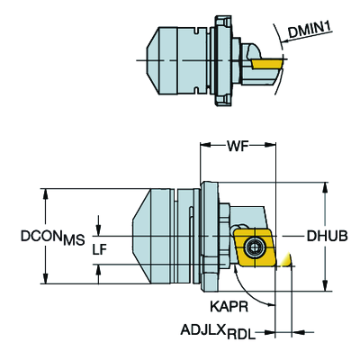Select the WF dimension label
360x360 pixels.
click(x=238, y=146)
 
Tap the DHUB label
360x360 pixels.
click(x=327, y=236)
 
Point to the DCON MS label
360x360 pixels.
click(x=52, y=238)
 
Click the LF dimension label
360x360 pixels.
click(x=100, y=249)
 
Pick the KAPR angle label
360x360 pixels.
click(x=229, y=307)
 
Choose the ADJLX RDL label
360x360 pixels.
click(x=218, y=332)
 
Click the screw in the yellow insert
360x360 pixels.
click(x=255, y=247)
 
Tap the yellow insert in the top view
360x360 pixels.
click(x=267, y=64)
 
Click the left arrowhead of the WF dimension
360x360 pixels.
click(x=205, y=146)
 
